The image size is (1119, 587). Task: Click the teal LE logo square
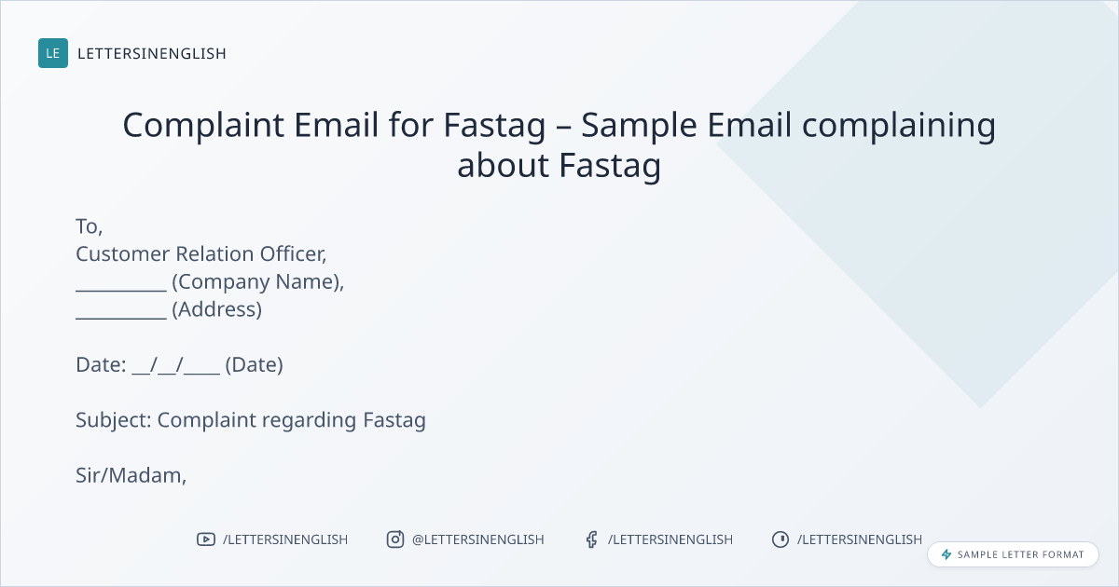(x=53, y=53)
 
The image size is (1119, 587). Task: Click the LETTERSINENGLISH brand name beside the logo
(x=152, y=53)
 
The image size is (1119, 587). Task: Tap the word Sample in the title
(x=639, y=126)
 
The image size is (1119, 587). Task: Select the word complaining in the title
(x=899, y=126)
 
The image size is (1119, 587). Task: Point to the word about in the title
(x=503, y=165)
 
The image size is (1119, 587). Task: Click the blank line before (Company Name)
(x=121, y=290)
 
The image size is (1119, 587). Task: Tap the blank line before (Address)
(x=121, y=318)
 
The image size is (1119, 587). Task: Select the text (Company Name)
(x=257, y=282)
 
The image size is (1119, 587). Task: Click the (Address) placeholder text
(x=216, y=309)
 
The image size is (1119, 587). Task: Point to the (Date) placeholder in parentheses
(x=255, y=365)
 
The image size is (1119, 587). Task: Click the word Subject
(x=114, y=420)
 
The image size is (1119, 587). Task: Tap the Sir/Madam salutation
(x=131, y=476)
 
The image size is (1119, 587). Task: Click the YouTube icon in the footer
(x=206, y=539)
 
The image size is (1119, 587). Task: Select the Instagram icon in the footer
(x=395, y=539)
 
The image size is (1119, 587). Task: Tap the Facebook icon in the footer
(x=591, y=539)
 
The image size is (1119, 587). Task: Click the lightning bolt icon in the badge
(x=946, y=554)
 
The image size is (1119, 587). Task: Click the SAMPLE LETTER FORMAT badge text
(x=1020, y=554)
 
